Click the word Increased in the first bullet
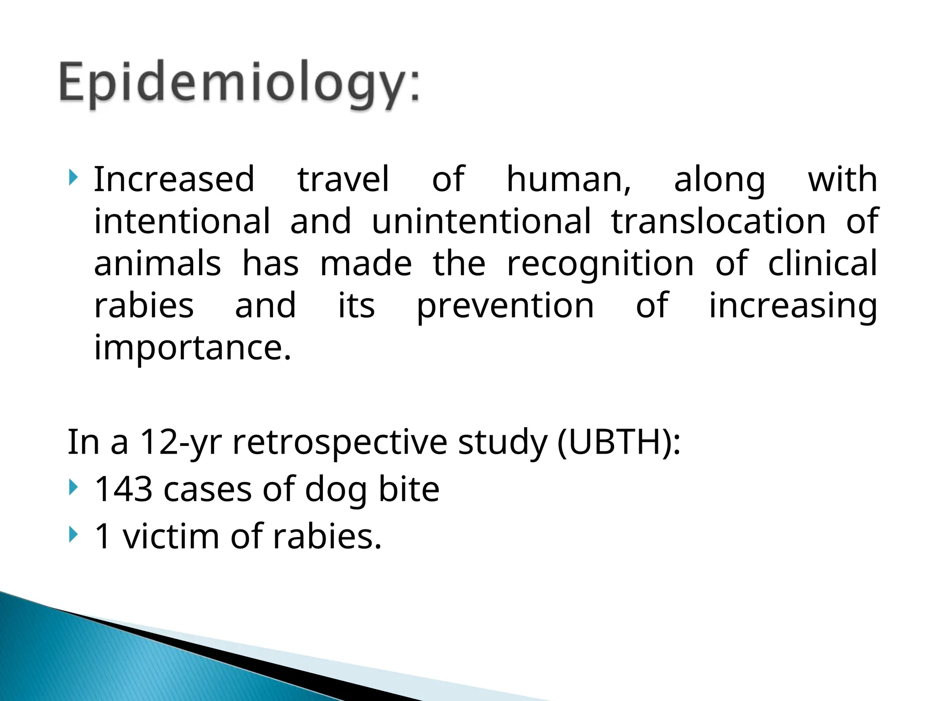click(x=174, y=179)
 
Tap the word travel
click(x=343, y=179)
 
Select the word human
click(x=568, y=179)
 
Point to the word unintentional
click(x=481, y=221)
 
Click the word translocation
click(x=719, y=221)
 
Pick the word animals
click(x=158, y=264)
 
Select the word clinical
click(x=822, y=263)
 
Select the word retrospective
click(x=340, y=443)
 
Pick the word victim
click(x=171, y=536)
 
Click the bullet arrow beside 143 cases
click(x=73, y=488)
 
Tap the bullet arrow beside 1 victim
click(x=73, y=534)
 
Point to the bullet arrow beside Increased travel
click(x=73, y=178)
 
